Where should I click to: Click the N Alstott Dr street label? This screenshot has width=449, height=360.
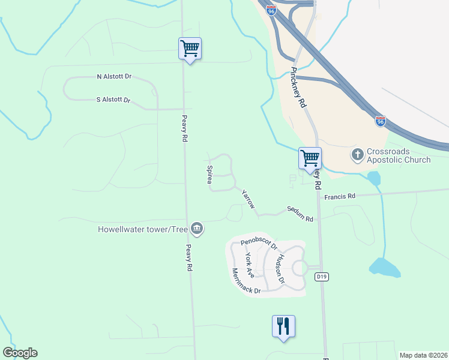coord(114,77)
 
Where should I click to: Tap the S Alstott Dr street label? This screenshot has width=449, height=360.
coord(113,100)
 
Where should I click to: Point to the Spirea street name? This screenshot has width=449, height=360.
coord(210,175)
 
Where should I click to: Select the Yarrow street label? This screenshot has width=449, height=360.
coord(248,199)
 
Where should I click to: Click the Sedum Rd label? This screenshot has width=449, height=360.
coord(300,215)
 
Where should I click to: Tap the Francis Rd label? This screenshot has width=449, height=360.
coord(340,196)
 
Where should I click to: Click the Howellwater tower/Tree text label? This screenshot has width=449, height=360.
coord(143,229)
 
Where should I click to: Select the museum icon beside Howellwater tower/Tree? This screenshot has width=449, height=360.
coord(196,228)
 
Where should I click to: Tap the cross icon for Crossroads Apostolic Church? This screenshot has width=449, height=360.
coord(357,155)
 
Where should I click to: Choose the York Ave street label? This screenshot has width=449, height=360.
coord(250,264)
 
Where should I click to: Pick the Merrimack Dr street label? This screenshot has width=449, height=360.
coord(246,282)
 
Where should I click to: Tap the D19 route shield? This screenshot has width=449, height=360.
coord(322,276)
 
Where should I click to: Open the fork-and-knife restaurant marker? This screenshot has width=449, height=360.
coord(283,326)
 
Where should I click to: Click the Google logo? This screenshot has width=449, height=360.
coord(20,353)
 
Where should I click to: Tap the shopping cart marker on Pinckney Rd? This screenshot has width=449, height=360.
coord(310,158)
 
